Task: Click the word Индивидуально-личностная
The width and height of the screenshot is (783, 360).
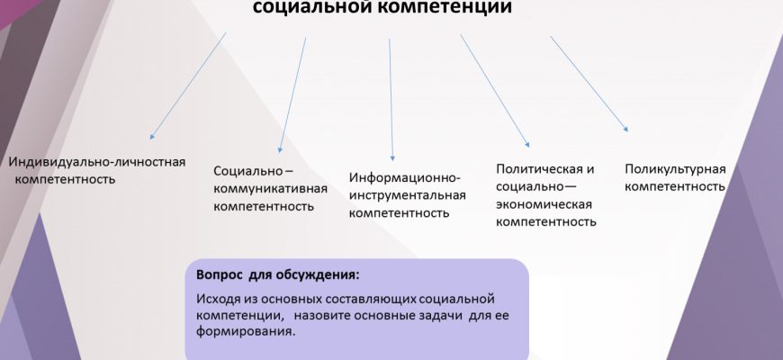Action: [x=97, y=162]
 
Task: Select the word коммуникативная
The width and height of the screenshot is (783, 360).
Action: [x=271, y=189]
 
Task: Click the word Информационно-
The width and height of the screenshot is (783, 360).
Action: [x=404, y=178]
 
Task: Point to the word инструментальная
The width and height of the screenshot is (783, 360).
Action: [x=408, y=195]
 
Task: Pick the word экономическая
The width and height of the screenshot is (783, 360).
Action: [x=544, y=204]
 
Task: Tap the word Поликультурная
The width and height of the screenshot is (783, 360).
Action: [x=675, y=169]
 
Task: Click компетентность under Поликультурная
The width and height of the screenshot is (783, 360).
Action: [x=675, y=186]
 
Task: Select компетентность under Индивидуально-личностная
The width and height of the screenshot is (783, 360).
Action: [x=65, y=179]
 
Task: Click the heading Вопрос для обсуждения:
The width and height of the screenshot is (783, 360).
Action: [x=277, y=275]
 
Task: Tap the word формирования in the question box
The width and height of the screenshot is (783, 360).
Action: [x=245, y=332]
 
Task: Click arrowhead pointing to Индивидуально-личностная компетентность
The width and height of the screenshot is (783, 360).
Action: [x=152, y=136]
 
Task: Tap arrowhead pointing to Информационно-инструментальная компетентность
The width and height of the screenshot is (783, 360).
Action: [x=392, y=157]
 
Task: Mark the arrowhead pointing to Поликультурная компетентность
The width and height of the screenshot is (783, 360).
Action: [x=625, y=130]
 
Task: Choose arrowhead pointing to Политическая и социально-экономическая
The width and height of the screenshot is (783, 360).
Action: [x=527, y=144]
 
